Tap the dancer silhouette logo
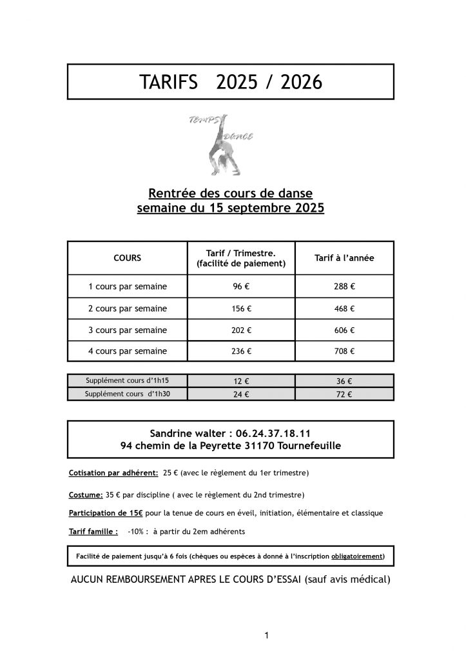pyautogui.click(x=221, y=145)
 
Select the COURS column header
pyautogui.click(x=127, y=258)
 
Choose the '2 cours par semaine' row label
pyautogui.click(x=127, y=308)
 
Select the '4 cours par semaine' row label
pyautogui.click(x=127, y=352)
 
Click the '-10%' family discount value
pyautogui.click(x=135, y=533)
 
